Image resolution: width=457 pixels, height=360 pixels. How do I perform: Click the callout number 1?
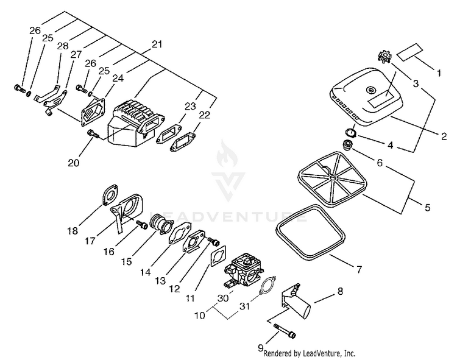tap(438, 73)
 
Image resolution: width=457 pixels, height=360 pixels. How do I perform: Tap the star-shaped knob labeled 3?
tap(384, 58)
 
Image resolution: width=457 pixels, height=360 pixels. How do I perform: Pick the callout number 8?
tap(339, 291)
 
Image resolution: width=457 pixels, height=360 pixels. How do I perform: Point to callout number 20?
tap(74, 163)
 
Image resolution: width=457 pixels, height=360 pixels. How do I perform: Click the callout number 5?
tap(427, 207)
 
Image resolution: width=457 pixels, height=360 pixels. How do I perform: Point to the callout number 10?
tap(199, 317)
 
